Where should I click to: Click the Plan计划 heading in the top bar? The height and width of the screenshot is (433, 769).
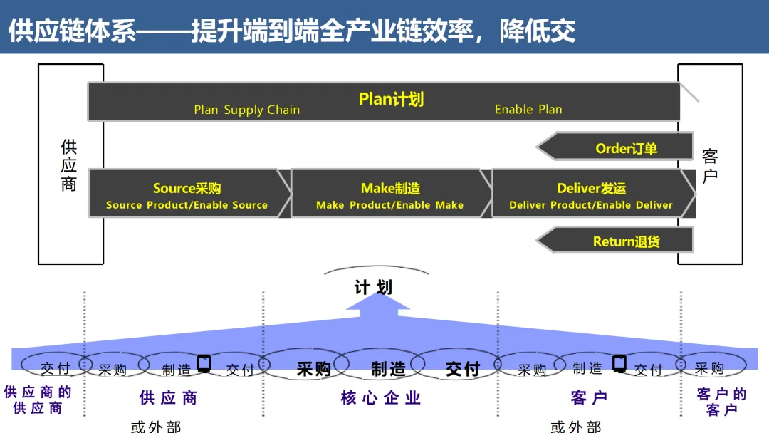click(x=391, y=99)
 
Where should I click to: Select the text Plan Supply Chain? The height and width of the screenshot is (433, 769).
click(x=246, y=110)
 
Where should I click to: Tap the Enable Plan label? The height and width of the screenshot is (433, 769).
click(x=528, y=109)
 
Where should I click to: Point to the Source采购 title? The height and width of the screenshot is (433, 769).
click(x=187, y=188)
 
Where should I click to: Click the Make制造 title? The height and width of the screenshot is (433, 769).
click(x=390, y=188)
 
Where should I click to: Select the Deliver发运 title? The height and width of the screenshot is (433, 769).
click(x=591, y=188)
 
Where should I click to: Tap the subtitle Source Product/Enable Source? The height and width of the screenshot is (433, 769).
click(x=187, y=205)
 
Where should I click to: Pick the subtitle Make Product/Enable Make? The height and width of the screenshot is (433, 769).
click(x=389, y=205)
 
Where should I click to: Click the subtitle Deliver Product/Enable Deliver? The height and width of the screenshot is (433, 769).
click(x=590, y=205)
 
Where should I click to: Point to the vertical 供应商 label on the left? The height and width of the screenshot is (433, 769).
click(x=69, y=165)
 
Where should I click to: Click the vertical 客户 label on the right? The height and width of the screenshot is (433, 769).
click(x=710, y=166)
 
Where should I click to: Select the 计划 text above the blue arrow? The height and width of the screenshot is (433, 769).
click(x=373, y=287)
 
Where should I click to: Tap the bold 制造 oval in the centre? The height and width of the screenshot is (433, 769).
click(x=388, y=368)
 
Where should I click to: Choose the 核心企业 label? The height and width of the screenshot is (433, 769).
click(x=381, y=398)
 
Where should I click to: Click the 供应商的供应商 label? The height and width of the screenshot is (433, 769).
click(x=38, y=400)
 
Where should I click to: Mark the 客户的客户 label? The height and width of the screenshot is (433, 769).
click(x=722, y=402)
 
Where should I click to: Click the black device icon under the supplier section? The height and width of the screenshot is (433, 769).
click(x=204, y=363)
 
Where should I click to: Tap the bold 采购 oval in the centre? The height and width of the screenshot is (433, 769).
click(x=313, y=368)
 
